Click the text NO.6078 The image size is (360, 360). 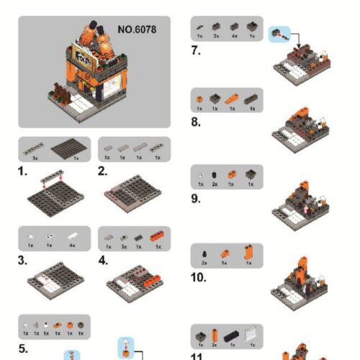pyautogui.click(x=136, y=30)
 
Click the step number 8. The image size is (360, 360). pyautogui.click(x=196, y=123)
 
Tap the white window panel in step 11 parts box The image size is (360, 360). pyautogui.click(x=252, y=334)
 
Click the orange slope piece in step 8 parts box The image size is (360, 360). pyautogui.click(x=232, y=98)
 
